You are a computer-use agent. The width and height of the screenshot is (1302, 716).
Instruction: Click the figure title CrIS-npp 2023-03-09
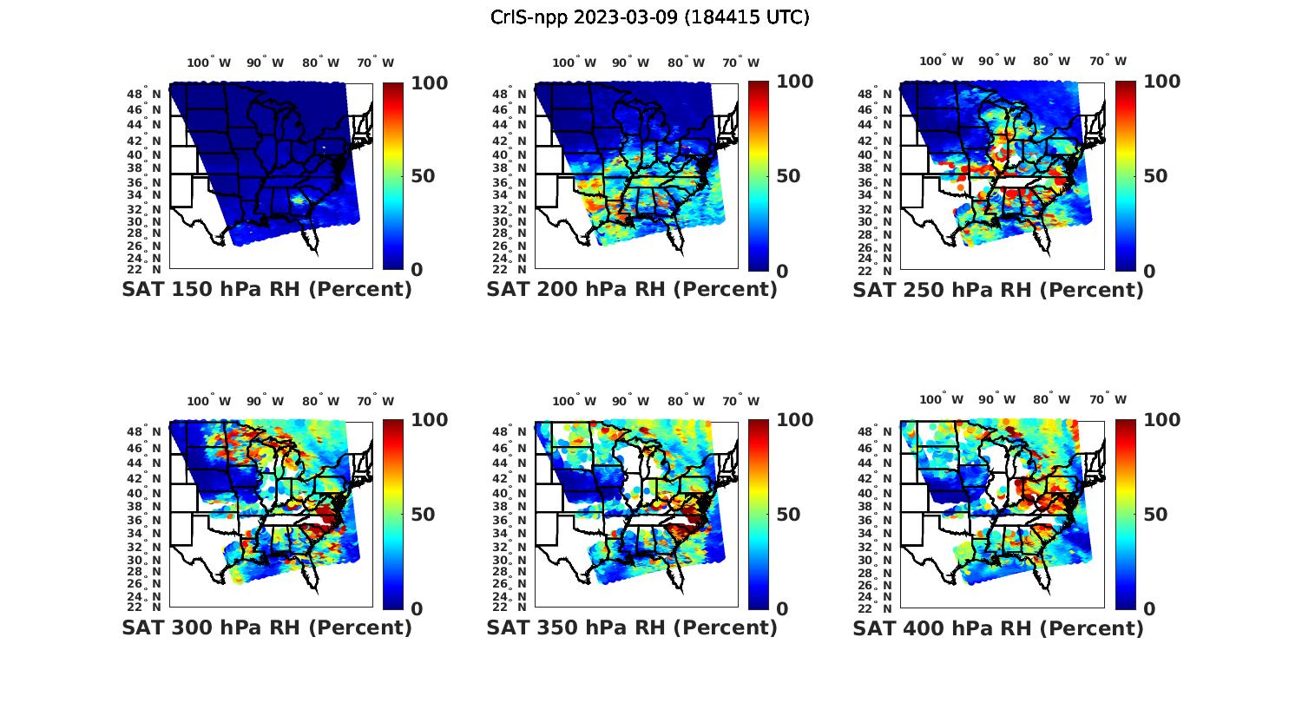tap(649, 17)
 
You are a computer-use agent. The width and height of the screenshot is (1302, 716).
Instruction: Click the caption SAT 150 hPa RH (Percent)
tap(266, 290)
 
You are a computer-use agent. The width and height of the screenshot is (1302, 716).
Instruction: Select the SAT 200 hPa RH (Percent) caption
tap(632, 290)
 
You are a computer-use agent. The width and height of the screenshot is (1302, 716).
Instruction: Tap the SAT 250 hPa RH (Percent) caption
tap(998, 290)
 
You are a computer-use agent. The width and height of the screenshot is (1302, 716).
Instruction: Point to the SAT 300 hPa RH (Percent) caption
tap(266, 627)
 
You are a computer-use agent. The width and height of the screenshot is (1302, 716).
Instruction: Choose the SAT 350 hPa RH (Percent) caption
tap(632, 627)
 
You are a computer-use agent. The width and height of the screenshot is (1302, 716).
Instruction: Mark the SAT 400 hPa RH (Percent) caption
tap(998, 627)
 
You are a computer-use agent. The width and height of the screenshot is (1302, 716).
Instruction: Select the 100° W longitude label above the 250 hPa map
tap(941, 61)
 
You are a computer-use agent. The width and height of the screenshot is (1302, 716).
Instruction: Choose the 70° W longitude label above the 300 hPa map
tap(375, 401)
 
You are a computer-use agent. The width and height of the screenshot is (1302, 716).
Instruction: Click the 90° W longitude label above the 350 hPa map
tap(630, 401)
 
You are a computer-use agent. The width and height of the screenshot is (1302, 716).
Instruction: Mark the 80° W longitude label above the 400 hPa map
tap(1051, 399)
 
